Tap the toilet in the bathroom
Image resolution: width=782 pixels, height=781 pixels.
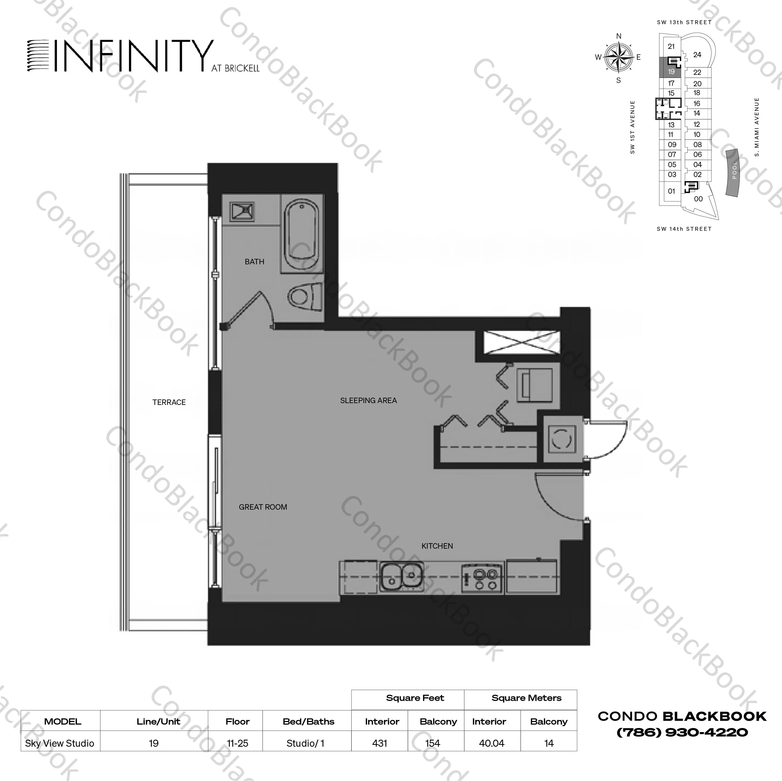[305, 296]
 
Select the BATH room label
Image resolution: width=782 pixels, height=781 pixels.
[254, 262]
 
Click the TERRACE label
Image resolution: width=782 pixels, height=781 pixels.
[169, 402]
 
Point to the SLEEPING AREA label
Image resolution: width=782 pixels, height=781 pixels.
[368, 400]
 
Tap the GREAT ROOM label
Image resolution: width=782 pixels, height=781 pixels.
[263, 507]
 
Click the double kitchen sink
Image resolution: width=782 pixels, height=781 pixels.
[401, 577]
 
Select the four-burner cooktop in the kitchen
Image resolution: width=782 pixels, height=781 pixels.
[483, 579]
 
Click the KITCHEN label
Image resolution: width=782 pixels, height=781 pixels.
[437, 546]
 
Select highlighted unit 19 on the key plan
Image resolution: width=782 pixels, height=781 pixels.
[671, 71]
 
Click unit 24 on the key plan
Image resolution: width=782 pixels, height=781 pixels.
[697, 55]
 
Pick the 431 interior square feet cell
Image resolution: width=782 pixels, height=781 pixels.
[380, 743]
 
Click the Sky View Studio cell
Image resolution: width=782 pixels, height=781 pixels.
[60, 743]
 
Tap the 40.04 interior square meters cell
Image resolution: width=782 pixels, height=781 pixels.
[491, 743]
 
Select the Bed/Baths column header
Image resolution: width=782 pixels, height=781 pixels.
[308, 721]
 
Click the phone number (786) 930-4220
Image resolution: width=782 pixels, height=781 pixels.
[682, 732]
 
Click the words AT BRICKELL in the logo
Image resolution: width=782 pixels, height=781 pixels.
[235, 68]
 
